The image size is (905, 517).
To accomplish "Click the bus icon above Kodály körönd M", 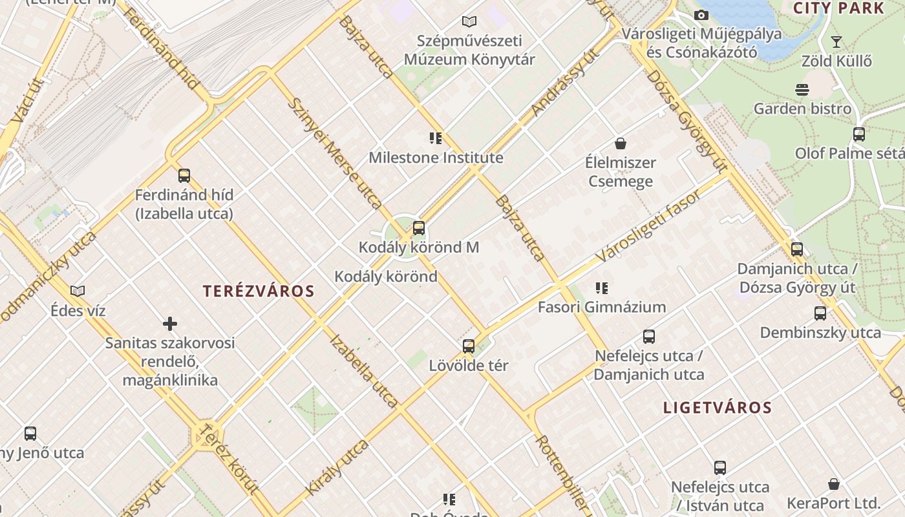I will pos(419,227).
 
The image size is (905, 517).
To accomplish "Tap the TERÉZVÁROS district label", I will pos(259,291).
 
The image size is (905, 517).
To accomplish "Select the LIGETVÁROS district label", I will pos(718,407).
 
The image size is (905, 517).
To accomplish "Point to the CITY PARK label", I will pos(838,8).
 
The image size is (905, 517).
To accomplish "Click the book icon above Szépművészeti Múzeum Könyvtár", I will pos(469,21).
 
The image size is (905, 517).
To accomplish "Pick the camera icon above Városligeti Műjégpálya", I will pos(701,15).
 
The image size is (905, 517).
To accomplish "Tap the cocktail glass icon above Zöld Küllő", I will pos(836,42).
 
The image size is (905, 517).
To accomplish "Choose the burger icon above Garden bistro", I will pos(802,89).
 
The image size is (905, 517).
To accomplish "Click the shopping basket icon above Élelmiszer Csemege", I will pos(621,143).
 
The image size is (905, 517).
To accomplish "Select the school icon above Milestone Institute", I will pos(436,138).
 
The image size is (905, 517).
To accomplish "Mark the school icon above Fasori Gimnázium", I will pos(602,288).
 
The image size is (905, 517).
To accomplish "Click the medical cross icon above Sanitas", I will pos(170,323).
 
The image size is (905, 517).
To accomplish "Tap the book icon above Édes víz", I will pos(78,291).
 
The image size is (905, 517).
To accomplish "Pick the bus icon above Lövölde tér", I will pos(469,346).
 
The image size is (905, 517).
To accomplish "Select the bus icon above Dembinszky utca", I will pos(820,313).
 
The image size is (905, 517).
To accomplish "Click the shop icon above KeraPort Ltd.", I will pos(834,484).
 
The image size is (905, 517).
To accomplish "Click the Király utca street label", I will pos(337,467).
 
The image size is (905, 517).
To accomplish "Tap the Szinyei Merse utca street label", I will pos(334,153).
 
